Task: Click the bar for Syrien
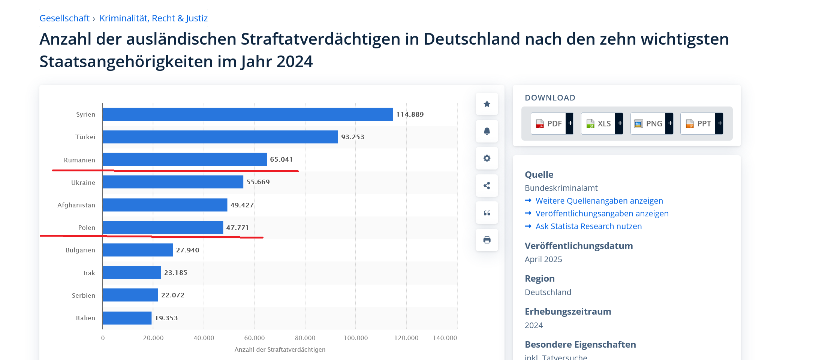(x=248, y=114)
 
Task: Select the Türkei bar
(x=220, y=137)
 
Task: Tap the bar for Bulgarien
(x=138, y=250)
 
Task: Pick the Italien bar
(x=127, y=318)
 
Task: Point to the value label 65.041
(x=281, y=159)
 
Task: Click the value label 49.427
(x=242, y=205)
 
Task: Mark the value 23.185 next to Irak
(x=176, y=273)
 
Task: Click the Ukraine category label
(x=83, y=183)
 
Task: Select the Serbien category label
(x=84, y=295)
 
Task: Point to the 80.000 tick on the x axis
(x=305, y=338)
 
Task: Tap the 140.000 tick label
(x=445, y=338)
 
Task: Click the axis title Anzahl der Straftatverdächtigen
(x=280, y=349)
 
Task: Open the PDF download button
(x=552, y=123)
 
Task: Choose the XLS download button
(x=602, y=123)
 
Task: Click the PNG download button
(x=652, y=123)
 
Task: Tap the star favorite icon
(x=487, y=104)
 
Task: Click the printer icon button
(x=487, y=240)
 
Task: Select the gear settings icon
(x=487, y=158)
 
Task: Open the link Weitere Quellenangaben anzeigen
(x=599, y=201)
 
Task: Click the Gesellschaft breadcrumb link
(x=64, y=18)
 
